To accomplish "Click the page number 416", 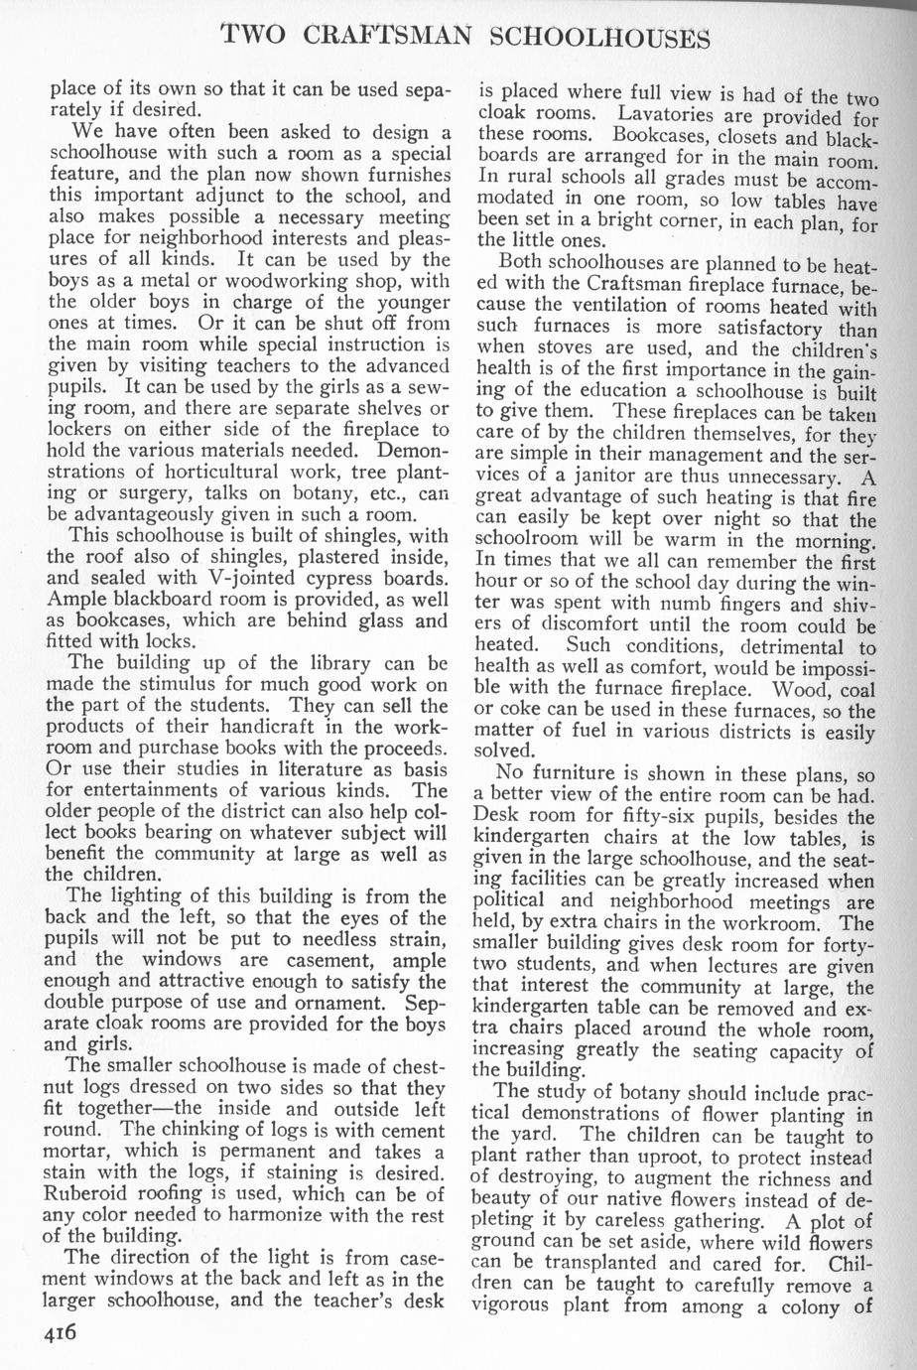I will coord(65,1333).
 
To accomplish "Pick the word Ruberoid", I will coord(93,1194).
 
